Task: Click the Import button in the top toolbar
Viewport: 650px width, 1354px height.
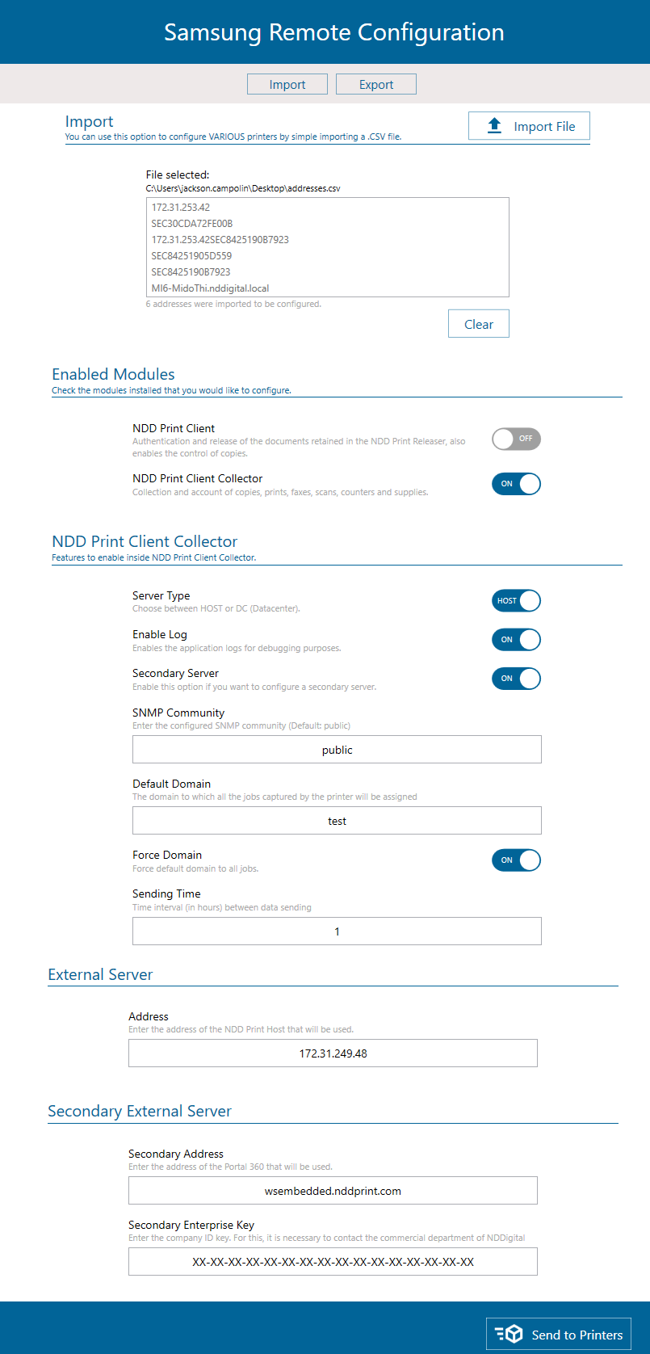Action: click(x=287, y=85)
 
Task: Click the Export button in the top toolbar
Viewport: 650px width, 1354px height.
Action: click(x=376, y=85)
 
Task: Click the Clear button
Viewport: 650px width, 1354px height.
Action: click(x=479, y=324)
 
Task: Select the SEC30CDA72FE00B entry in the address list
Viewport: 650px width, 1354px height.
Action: click(x=192, y=224)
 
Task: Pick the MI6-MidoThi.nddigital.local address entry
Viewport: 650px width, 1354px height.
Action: click(x=210, y=288)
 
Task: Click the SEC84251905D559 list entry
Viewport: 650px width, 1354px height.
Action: click(x=191, y=256)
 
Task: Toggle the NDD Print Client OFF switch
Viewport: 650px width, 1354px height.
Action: click(x=516, y=439)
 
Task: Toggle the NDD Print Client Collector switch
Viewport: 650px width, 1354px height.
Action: click(x=516, y=484)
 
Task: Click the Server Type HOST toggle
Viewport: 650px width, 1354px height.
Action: click(x=516, y=601)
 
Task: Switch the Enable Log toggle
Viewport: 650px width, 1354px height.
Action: click(x=516, y=640)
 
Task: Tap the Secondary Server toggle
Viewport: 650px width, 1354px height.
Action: click(x=516, y=679)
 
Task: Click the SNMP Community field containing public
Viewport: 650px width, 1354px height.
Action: click(x=337, y=750)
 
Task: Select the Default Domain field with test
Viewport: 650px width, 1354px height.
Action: click(x=337, y=821)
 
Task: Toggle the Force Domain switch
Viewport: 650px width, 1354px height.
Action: click(x=516, y=860)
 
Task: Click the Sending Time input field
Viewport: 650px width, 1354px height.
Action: click(x=337, y=931)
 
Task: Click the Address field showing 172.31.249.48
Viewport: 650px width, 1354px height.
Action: click(x=333, y=1053)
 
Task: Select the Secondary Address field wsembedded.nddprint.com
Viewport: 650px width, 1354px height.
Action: click(x=333, y=1191)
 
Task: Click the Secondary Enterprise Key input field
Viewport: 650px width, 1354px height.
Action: click(x=333, y=1262)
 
